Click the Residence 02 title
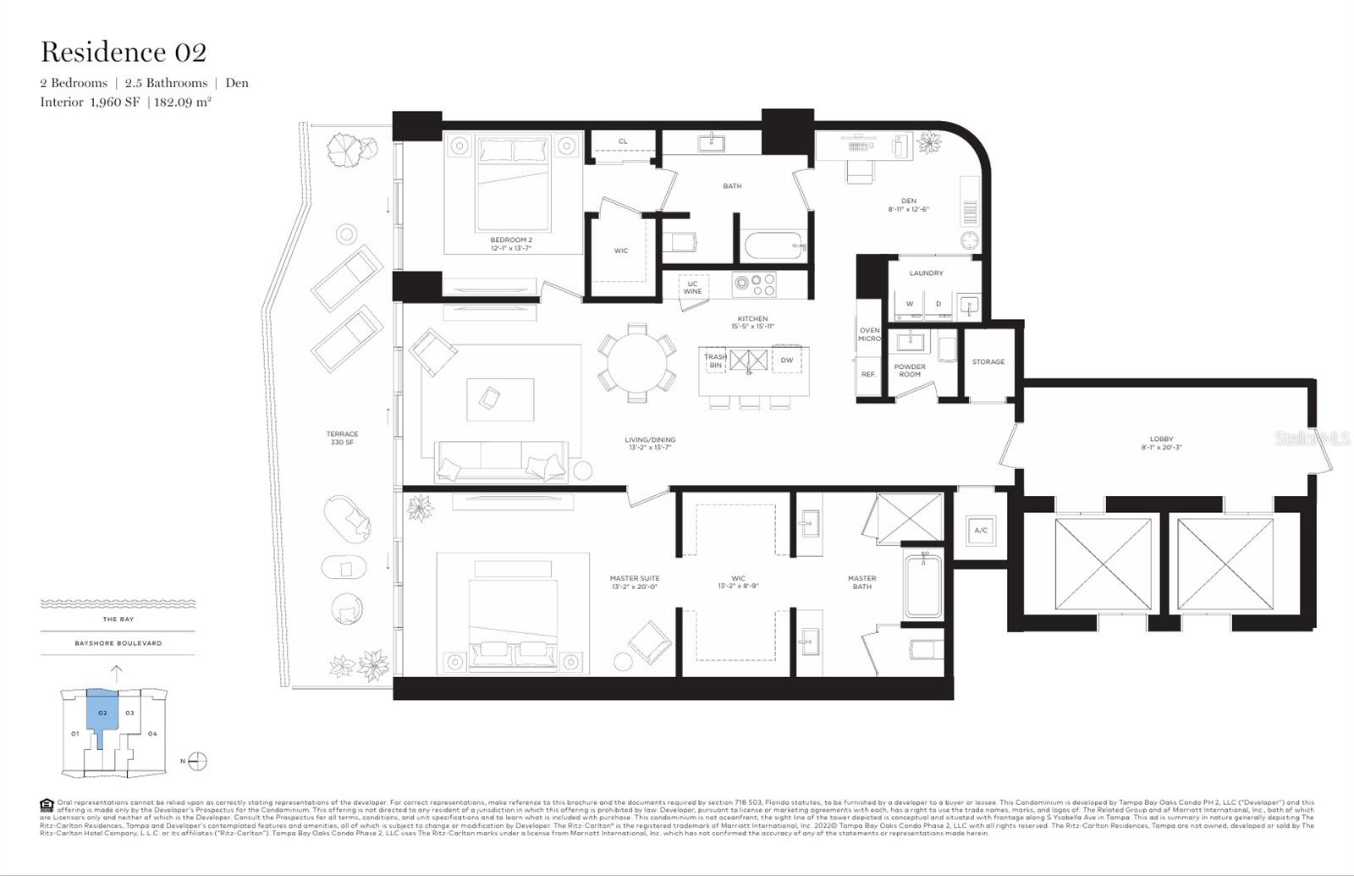pos(124,52)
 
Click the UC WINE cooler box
pos(693,287)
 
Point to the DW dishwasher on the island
pos(787,360)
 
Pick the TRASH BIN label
pos(715,361)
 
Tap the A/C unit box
pos(981,531)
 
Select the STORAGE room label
pos(988,361)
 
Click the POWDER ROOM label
pos(910,370)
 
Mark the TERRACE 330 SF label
pos(342,438)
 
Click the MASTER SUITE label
pos(634,582)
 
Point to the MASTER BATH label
pos(861,582)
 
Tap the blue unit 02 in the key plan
pos(102,713)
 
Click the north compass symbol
pos(196,761)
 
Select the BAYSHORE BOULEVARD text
pos(118,643)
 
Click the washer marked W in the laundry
pos(910,303)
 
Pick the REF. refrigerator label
pos(868,373)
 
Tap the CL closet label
pos(623,141)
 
